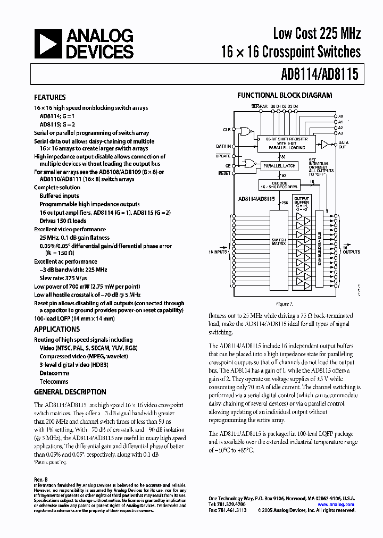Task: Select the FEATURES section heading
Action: click(x=50, y=97)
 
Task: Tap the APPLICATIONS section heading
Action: click(x=57, y=329)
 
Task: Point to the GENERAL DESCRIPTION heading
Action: click(x=70, y=392)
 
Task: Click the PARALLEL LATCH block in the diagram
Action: click(x=279, y=166)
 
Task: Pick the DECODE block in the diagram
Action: click(x=279, y=184)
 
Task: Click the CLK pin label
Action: click(x=227, y=129)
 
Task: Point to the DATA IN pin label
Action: click(x=223, y=146)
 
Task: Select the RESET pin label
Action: click(x=224, y=173)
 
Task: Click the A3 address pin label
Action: click(x=340, y=133)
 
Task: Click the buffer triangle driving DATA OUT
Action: click(x=324, y=144)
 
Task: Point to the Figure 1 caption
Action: click(x=284, y=304)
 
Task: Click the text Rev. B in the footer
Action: click(x=41, y=479)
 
